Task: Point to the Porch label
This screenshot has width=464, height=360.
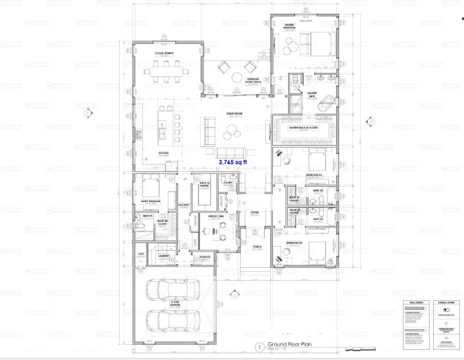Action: (257, 246)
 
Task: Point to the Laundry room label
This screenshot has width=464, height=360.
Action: (164, 255)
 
